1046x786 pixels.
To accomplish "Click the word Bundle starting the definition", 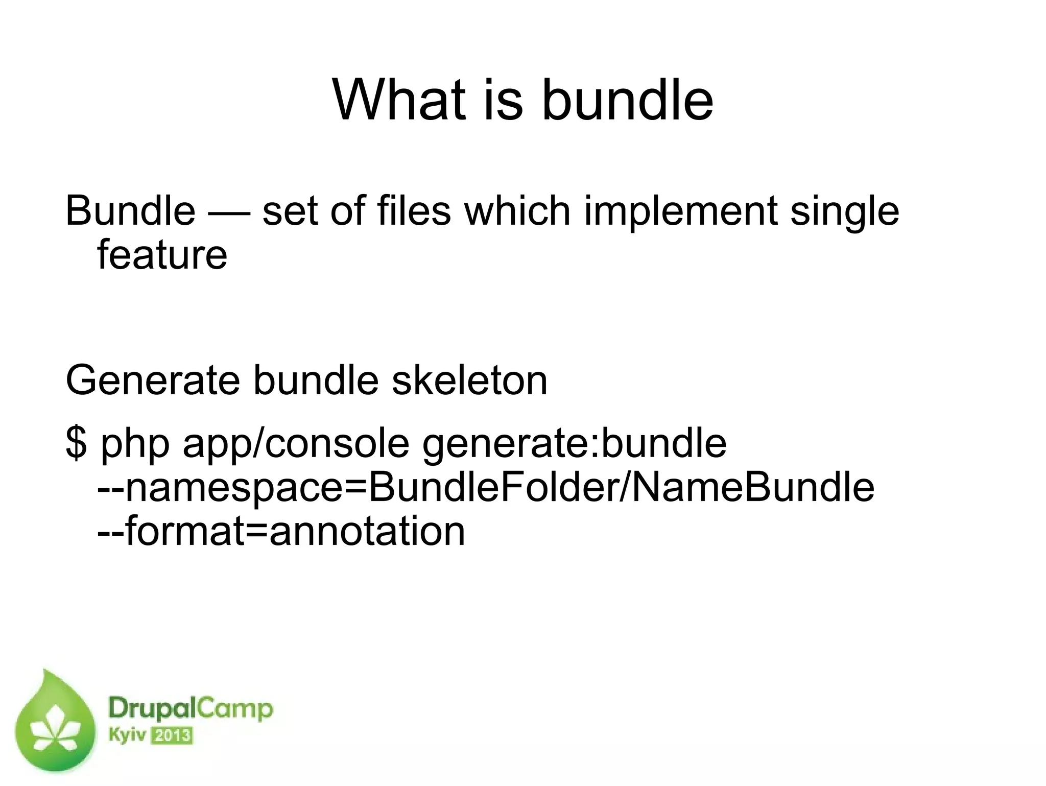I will [x=130, y=210].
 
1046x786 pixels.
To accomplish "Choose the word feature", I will [x=162, y=255].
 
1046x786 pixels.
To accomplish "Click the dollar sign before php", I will [x=76, y=443].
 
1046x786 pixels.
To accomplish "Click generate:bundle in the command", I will [x=574, y=444].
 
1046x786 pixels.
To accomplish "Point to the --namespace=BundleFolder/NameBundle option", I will [x=486, y=488].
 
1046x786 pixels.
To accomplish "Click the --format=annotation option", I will [x=281, y=531].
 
